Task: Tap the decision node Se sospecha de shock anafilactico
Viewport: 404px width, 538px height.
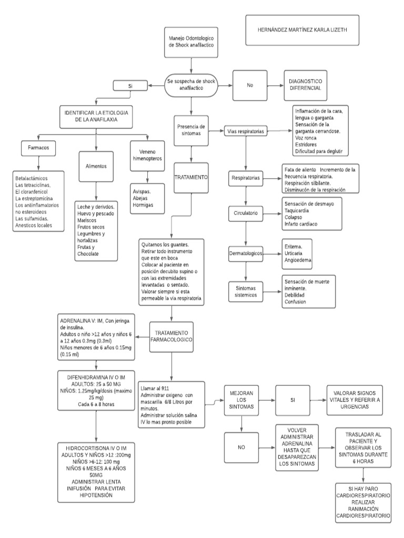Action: (191, 85)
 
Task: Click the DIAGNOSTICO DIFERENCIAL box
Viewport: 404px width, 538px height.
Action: (305, 85)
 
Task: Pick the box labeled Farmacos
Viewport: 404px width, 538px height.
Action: (38, 148)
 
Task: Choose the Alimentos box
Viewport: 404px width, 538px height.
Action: (96, 166)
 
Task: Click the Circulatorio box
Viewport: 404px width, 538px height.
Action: (245, 214)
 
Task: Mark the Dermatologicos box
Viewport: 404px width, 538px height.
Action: (245, 253)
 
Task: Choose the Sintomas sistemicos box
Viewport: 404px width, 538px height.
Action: (245, 292)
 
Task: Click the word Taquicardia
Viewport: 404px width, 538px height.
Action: (297, 210)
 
